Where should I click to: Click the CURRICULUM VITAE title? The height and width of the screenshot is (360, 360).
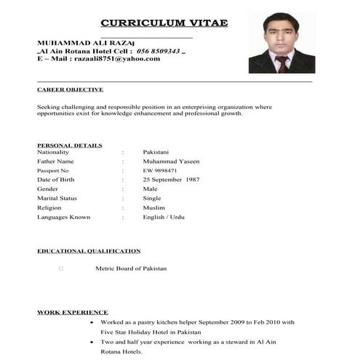pos(164,23)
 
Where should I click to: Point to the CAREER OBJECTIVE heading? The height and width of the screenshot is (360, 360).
pos(70,89)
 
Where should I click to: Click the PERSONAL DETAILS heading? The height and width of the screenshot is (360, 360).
pos(70,145)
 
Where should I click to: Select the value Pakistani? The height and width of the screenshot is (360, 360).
pos(156,152)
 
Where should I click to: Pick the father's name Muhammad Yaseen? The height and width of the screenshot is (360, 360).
pos(171,161)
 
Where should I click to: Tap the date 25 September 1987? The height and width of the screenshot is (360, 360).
pos(171,179)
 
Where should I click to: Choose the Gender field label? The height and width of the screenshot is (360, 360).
pos(49,188)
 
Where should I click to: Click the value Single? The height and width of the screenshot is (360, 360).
pos(152,198)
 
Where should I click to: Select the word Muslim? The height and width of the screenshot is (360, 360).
pos(154,207)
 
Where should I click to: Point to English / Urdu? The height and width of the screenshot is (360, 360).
pos(164,217)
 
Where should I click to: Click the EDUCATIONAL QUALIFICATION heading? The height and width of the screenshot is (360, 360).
pos(89,251)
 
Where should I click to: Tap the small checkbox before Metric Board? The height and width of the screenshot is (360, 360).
pos(61,268)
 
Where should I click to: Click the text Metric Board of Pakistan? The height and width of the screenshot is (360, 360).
pos(131,268)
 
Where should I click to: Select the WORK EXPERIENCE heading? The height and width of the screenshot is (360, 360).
pos(73,312)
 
